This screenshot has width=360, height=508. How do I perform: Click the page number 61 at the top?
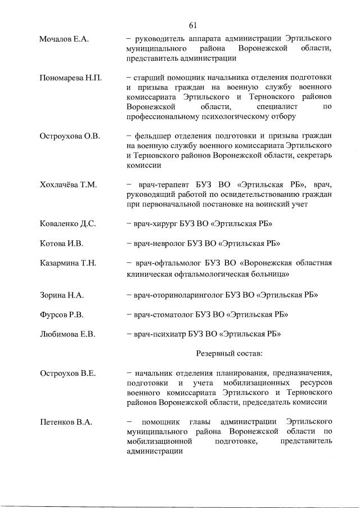point(192,25)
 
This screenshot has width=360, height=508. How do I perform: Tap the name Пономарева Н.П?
point(70,77)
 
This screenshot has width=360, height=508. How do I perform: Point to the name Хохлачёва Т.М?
point(68,185)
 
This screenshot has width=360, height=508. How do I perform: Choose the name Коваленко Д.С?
point(67,224)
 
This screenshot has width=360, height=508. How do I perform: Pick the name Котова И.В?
point(61,244)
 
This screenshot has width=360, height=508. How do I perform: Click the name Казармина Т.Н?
point(68,263)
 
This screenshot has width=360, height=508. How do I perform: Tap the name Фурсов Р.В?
point(61,314)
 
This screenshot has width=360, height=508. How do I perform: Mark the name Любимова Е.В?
point(67,334)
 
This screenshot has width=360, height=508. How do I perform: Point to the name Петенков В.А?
point(66,421)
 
